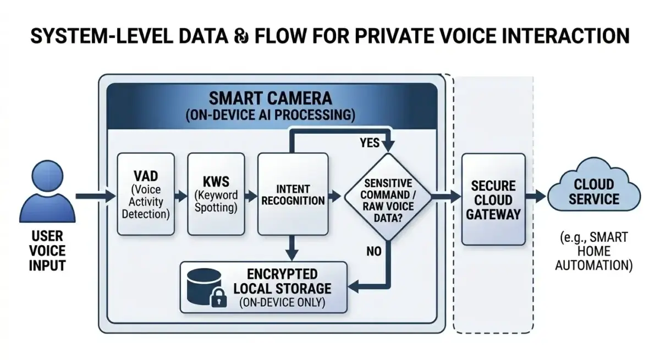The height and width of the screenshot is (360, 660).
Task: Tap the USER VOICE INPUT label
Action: [x=47, y=251]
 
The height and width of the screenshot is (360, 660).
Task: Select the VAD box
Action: [x=146, y=194]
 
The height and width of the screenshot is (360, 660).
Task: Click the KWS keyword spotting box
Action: [x=216, y=194]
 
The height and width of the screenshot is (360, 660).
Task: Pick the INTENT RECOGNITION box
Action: [x=293, y=194]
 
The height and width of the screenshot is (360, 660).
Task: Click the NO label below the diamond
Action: [x=374, y=252]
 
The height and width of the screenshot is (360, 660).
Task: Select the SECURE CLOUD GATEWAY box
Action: [x=493, y=199]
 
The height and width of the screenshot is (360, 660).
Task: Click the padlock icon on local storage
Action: [x=219, y=297]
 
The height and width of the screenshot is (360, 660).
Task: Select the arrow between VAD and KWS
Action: [x=180, y=195]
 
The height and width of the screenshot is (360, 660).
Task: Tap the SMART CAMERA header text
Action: [x=270, y=98]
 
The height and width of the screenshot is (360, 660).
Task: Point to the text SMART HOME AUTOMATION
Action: [x=593, y=252]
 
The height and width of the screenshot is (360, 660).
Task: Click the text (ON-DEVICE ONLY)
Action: [x=282, y=302]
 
